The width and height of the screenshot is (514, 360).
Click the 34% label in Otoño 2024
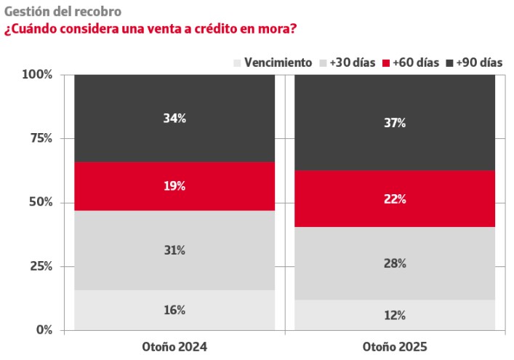174,118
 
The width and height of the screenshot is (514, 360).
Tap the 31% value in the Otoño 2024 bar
174,250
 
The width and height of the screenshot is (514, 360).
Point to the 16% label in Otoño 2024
174,310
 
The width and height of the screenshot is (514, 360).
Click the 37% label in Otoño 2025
395,123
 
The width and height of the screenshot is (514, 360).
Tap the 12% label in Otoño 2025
395,315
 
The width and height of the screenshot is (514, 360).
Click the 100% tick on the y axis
37,74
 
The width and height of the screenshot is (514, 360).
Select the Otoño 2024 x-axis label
174,347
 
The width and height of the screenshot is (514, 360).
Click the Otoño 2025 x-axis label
395,347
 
